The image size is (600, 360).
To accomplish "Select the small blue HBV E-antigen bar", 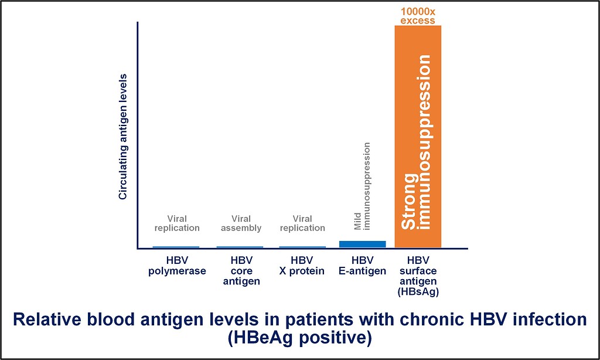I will (x=363, y=244).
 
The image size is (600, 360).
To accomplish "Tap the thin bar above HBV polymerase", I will (x=176, y=247).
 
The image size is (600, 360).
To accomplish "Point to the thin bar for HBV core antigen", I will (x=240, y=247).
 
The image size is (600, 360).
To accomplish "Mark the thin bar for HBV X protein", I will (x=302, y=247).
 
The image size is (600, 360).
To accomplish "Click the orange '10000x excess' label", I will (x=418, y=16).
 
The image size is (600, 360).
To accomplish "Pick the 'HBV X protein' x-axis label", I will (x=302, y=265).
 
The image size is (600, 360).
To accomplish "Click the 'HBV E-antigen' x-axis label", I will (x=363, y=265).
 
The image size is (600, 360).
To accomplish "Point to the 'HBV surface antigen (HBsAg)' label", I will (x=418, y=276).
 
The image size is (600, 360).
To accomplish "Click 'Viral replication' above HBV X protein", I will (x=302, y=223).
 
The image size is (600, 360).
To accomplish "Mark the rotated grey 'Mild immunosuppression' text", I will (x=363, y=186).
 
